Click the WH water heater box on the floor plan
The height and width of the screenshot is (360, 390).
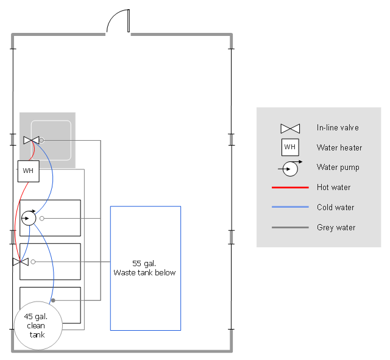(28, 171)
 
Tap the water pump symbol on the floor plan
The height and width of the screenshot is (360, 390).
(29, 217)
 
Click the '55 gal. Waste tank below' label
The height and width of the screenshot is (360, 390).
(144, 268)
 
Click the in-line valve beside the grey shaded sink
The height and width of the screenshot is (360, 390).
(31, 140)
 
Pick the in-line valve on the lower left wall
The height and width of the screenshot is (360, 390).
(20, 262)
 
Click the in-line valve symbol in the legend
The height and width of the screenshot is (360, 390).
(290, 129)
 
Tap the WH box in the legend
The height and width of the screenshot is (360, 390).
(290, 147)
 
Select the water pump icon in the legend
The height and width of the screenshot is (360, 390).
(291, 168)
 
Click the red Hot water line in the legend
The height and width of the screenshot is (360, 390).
(290, 188)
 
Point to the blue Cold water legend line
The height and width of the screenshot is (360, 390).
(290, 208)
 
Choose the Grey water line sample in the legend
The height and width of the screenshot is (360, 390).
(290, 228)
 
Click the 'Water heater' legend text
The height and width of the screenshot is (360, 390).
(339, 148)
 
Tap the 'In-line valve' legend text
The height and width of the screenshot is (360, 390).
(338, 128)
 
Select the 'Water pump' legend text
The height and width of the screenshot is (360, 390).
(338, 168)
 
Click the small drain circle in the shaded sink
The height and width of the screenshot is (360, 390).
(41, 140)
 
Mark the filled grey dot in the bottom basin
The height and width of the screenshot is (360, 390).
(53, 300)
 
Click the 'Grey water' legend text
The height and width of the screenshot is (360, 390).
(336, 228)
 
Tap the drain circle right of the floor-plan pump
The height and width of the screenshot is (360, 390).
(42, 217)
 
